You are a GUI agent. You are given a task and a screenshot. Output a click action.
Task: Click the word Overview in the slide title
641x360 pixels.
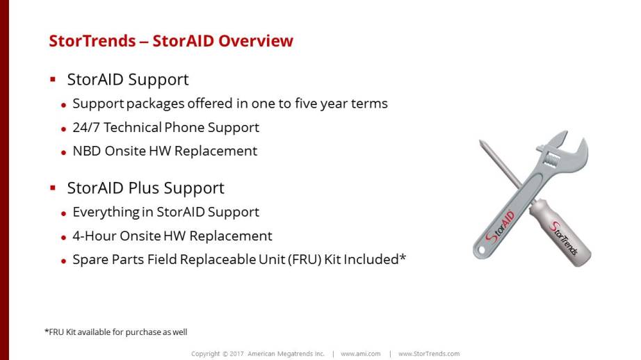coord(256,41)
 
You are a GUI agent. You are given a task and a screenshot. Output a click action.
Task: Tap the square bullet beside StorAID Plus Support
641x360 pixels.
coord(53,188)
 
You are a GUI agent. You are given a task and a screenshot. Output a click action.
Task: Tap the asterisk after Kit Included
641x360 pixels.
coord(403,257)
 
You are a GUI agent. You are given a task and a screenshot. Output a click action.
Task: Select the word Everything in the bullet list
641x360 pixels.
coord(106,213)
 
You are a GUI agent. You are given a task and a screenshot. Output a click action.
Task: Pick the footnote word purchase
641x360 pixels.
coord(143,332)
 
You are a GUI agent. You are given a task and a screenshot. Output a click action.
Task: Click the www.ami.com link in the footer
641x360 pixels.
coord(361,354)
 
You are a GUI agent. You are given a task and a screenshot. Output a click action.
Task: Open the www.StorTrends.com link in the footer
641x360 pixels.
coord(429,354)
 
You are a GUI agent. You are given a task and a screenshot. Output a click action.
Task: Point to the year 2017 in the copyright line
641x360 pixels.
coord(236,354)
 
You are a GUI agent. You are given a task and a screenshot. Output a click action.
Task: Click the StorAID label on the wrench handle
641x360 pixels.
coord(500,227)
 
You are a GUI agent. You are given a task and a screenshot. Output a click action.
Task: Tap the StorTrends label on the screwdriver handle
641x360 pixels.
coord(564,238)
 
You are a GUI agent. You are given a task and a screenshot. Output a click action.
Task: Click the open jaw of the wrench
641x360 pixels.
coord(572,146)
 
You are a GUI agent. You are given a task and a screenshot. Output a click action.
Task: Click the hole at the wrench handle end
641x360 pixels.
coord(481,249)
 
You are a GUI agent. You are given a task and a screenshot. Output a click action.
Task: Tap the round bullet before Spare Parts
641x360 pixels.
coord(63,261)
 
